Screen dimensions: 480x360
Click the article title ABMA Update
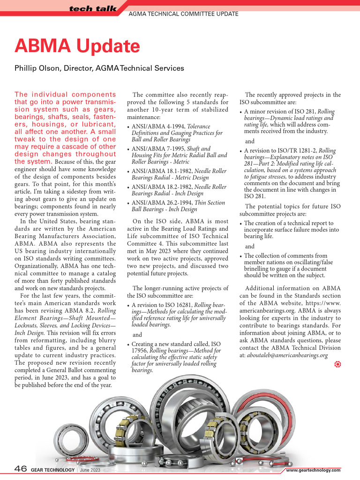point(77,46)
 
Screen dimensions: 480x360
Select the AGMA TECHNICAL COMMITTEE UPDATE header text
point(183,14)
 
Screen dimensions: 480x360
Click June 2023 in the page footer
point(90,470)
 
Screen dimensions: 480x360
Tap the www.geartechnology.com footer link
point(313,470)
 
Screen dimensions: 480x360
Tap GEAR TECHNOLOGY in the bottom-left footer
point(52,470)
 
